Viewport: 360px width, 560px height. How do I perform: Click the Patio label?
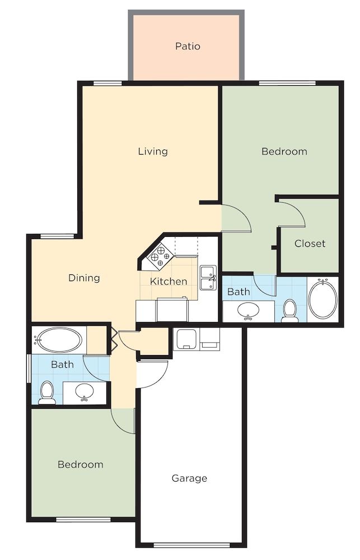point(188,46)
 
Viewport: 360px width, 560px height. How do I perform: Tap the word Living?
point(153,151)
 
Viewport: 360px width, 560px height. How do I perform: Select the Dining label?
point(84,278)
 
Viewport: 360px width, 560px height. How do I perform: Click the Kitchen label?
point(169,281)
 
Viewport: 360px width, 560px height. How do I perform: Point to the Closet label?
point(310,244)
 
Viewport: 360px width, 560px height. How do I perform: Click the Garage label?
point(189,478)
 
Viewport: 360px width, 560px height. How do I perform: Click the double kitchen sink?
point(209,278)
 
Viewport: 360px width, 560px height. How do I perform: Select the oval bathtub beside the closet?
point(323,300)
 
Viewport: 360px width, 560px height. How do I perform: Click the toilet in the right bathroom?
point(289,310)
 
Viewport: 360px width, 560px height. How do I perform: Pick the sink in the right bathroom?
point(248,310)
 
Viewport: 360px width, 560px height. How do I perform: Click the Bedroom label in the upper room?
point(284,151)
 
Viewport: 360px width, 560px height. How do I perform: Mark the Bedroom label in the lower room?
point(81,465)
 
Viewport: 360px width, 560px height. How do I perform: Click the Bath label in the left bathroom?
point(62,365)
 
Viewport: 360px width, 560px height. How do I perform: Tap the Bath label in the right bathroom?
point(239,292)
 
